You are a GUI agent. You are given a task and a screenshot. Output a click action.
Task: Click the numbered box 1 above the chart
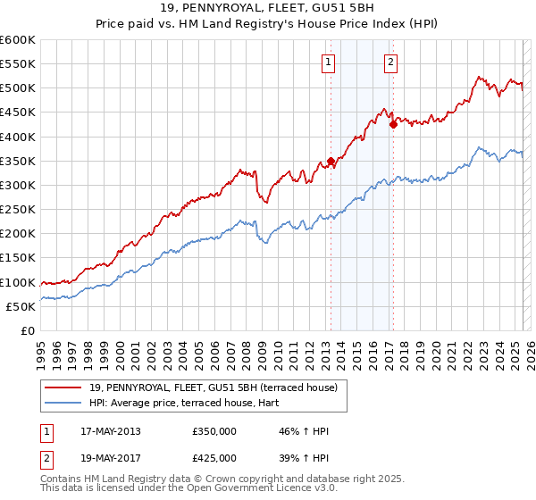click(330, 62)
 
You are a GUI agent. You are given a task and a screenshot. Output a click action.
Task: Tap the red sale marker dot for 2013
click(331, 161)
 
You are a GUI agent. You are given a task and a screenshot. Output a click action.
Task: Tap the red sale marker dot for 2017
click(393, 124)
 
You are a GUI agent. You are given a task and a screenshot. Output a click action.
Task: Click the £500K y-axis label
click(18, 87)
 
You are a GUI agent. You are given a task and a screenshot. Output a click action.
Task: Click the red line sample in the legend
click(63, 387)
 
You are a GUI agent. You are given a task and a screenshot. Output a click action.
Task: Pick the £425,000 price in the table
click(214, 458)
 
